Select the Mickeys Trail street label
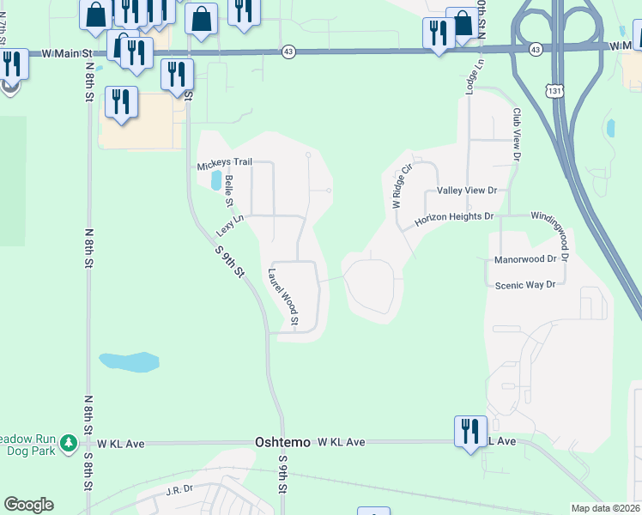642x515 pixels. [x=225, y=162]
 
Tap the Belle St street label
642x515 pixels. [x=229, y=191]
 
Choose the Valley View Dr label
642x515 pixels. [x=467, y=190]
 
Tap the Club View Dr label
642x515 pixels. [x=517, y=135]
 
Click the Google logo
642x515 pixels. [x=28, y=505]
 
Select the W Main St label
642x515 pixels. [x=67, y=53]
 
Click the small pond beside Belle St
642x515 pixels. [x=214, y=180]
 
